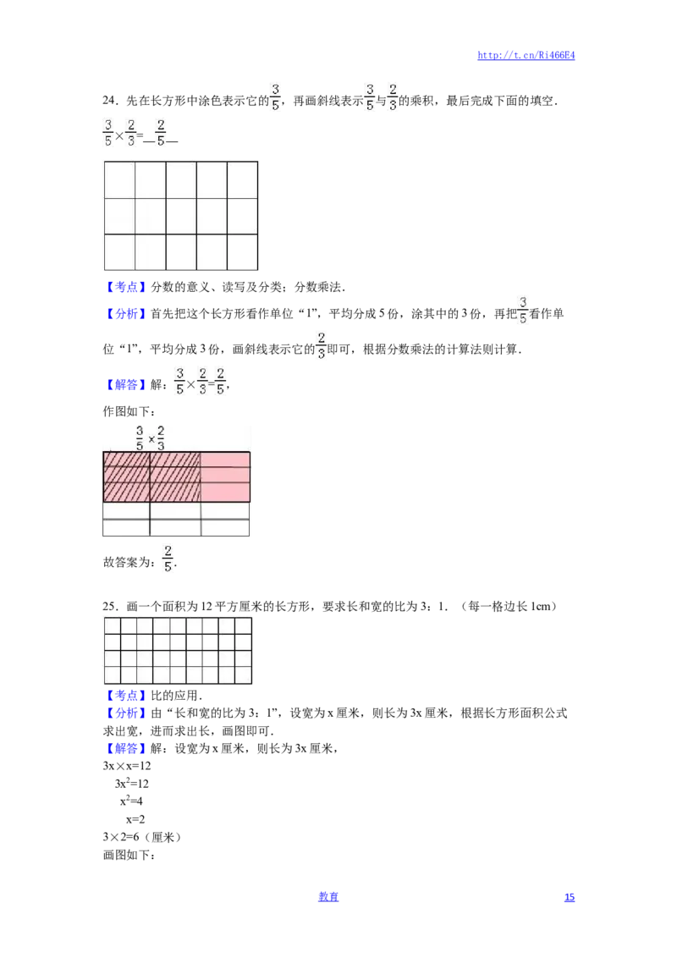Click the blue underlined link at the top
click(x=526, y=56)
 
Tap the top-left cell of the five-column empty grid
click(x=119, y=179)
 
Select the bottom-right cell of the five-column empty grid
click(x=242, y=251)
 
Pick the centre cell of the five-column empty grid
click(x=181, y=216)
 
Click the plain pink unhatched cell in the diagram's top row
click(x=225, y=459)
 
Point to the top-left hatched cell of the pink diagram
click(x=126, y=459)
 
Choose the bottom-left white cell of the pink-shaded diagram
click(x=126, y=528)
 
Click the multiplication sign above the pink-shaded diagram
click(x=151, y=439)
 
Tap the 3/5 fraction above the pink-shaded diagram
click(x=140, y=438)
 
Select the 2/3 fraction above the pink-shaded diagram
click(x=161, y=438)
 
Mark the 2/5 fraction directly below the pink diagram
click(x=168, y=559)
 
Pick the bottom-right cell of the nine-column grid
click(x=244, y=674)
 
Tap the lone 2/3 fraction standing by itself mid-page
click(x=321, y=345)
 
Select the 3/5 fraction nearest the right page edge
click(x=524, y=310)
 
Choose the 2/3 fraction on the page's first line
click(x=392, y=98)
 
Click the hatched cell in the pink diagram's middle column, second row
click(x=175, y=475)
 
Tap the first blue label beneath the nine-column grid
click(x=125, y=696)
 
